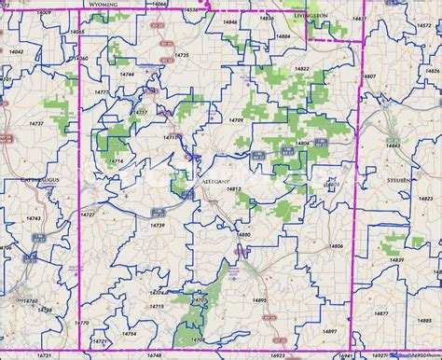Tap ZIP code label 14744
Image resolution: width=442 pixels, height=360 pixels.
pos(127,74)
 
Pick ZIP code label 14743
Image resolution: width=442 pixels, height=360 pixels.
pos(34,218)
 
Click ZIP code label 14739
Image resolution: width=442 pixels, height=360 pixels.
pos(158,225)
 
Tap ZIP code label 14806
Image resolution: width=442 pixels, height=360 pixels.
pos(336,246)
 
